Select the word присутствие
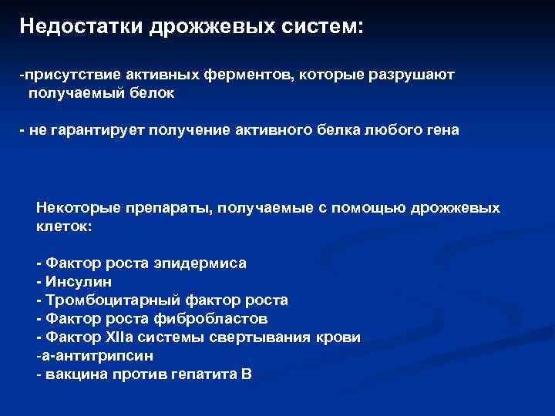point(67,75)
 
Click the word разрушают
point(411,75)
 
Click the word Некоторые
point(72,208)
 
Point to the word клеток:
point(64,227)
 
